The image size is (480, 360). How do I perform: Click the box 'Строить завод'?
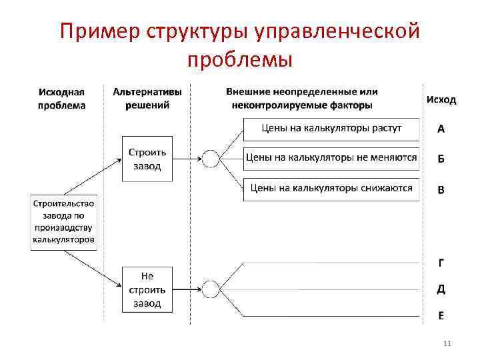point(145,159)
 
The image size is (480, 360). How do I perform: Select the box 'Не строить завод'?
point(146,290)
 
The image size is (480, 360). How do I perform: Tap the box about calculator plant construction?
point(64,222)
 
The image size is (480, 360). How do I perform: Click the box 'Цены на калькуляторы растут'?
point(331,129)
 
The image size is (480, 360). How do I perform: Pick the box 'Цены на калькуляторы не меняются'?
point(331,158)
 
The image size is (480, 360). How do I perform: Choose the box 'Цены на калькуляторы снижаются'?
point(331,188)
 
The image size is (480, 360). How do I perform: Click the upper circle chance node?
point(210,159)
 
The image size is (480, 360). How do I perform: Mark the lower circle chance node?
point(210,289)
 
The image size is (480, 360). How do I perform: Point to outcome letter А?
point(441,129)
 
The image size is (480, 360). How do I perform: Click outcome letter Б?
point(441,159)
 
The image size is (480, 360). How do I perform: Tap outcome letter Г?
point(441,263)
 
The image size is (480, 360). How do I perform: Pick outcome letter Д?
point(441,289)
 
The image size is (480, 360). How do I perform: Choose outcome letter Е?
point(441,316)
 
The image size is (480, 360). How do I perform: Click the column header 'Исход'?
point(441,99)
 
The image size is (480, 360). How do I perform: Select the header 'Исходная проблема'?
point(62,99)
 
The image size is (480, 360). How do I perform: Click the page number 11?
point(447,343)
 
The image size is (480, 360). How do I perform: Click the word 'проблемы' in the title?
point(240,60)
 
